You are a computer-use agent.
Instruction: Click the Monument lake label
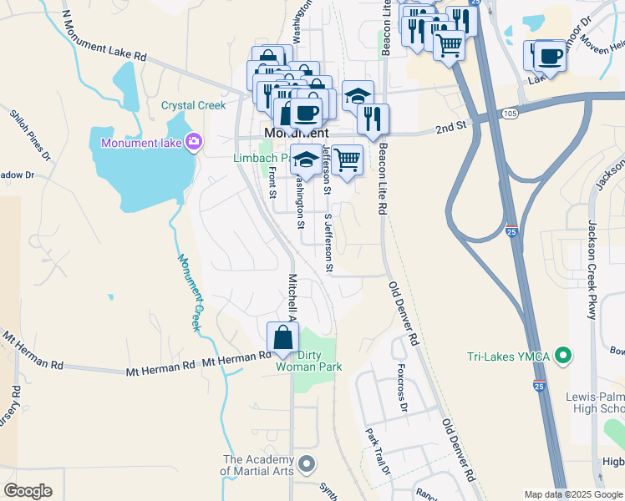[x=141, y=143]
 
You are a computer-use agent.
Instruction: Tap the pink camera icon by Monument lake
[x=194, y=142]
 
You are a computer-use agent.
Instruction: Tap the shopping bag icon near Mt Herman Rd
[x=283, y=338]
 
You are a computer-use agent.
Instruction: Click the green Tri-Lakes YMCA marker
[x=563, y=357]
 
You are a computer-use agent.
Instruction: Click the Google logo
[x=28, y=491]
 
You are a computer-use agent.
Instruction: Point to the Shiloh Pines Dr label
[x=30, y=134]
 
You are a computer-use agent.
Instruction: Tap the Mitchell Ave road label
[x=292, y=297]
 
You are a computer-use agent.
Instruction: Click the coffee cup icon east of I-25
[x=549, y=56]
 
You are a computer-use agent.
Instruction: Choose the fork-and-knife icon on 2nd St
[x=373, y=119]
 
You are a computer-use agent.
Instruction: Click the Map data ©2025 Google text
[x=572, y=494]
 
